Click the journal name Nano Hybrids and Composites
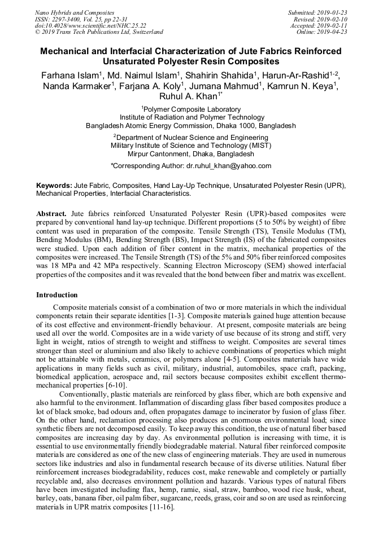75,12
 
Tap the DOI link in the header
90,26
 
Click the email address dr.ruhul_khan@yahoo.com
229,166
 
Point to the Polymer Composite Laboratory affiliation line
191,109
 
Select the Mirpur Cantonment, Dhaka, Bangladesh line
191,153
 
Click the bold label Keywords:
54,185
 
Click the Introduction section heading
57,294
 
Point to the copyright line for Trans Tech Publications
99,32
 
